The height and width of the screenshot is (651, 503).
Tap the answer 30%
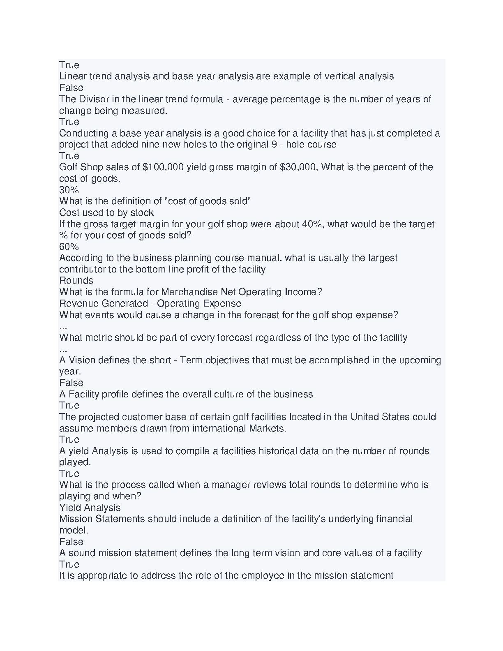coord(69,190)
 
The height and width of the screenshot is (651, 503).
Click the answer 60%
coord(69,247)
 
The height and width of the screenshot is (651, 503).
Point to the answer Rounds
coord(76,281)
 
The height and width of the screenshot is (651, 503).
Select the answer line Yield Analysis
coord(90,508)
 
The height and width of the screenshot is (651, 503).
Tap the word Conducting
coord(84,133)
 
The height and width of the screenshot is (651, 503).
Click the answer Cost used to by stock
coord(106,212)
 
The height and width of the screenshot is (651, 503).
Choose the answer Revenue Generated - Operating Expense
coord(150,303)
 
